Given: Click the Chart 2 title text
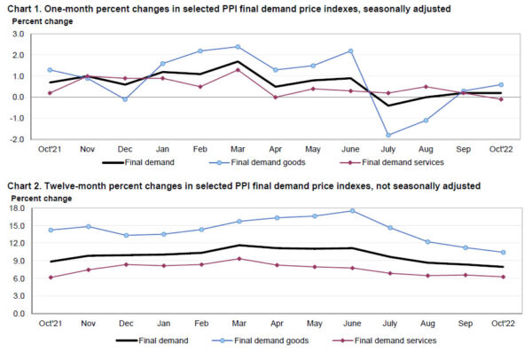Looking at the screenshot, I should (244, 186).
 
